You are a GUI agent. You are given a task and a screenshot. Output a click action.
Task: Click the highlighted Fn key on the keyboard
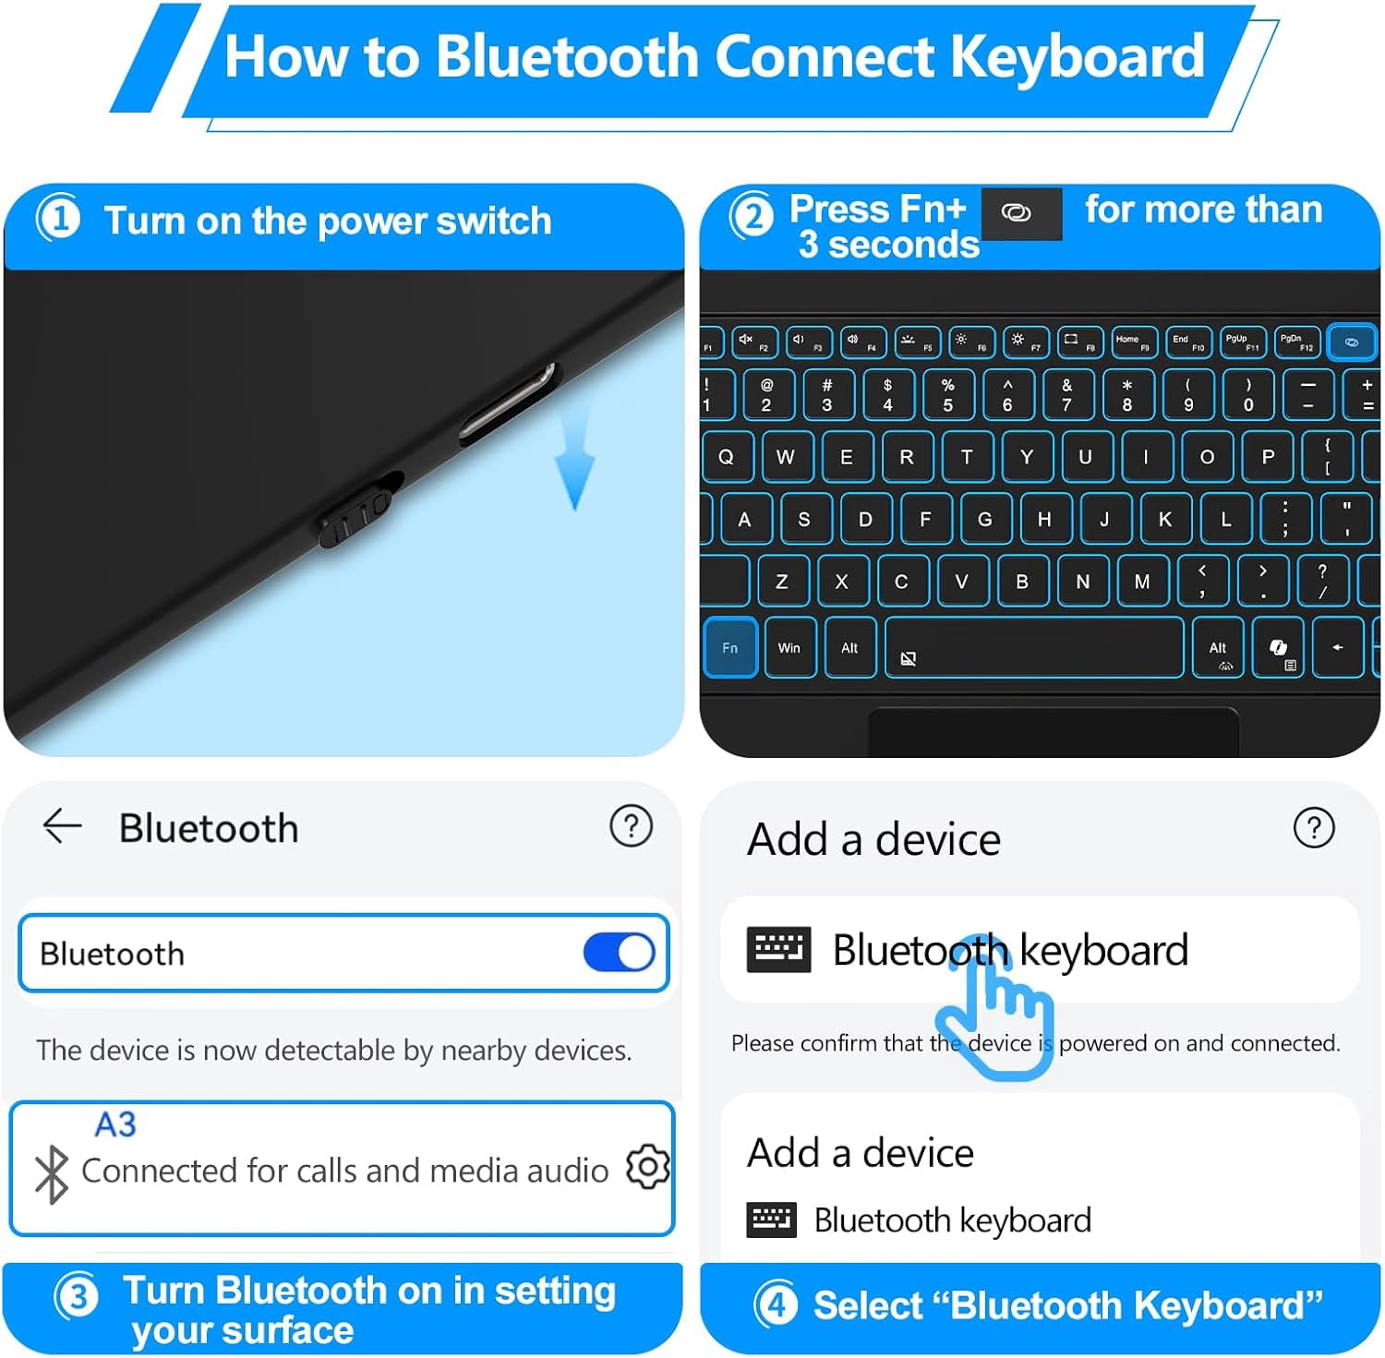[729, 647]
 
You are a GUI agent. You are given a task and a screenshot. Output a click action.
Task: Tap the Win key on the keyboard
[789, 647]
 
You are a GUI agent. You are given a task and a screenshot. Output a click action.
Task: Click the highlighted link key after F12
[1351, 343]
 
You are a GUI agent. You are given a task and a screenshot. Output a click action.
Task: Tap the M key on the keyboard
[1142, 581]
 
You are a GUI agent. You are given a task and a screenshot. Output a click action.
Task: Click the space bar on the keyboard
[1034, 647]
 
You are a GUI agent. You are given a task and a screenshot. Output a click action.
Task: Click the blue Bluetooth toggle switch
[619, 953]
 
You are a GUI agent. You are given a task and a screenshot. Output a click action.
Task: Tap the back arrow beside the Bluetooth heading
[62, 825]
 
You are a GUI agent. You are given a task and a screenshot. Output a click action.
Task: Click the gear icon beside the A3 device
[647, 1167]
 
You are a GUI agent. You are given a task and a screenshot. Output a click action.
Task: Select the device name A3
[115, 1124]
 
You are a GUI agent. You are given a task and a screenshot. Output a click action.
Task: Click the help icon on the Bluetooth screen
[632, 825]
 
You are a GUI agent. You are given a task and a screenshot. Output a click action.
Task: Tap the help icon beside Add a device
[1314, 827]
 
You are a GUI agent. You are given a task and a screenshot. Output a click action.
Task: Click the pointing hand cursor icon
[996, 1007]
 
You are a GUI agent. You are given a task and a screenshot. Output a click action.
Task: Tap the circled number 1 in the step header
[58, 221]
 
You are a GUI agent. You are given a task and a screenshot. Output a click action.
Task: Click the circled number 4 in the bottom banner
[776, 1305]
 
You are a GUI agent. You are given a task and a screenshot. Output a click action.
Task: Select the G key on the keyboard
[985, 519]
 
